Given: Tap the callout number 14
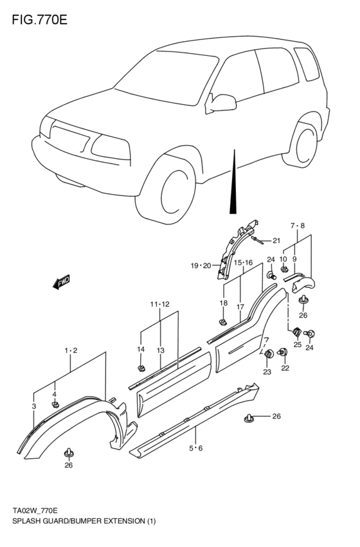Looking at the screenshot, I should click(141, 349).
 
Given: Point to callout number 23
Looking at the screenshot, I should click(267, 372).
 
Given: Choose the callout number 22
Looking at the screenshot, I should click(285, 368).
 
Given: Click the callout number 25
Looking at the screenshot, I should click(297, 345).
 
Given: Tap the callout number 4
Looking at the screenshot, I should click(55, 394).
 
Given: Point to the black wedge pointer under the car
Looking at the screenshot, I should click(234, 186).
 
